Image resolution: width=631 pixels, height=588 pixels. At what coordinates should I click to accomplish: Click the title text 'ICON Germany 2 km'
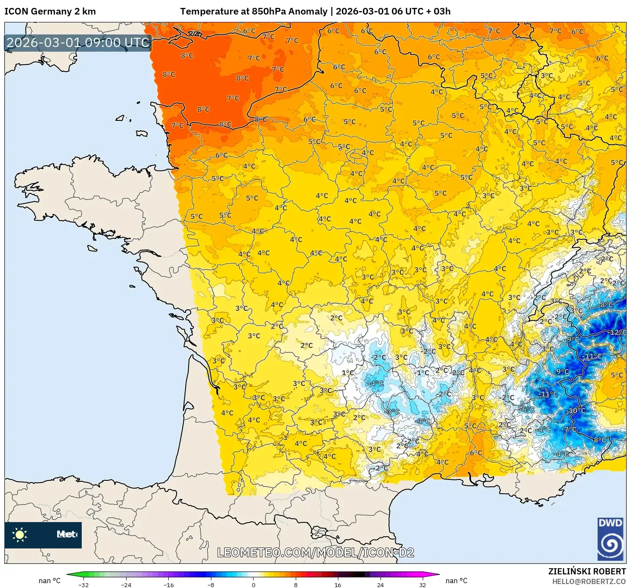(x=50, y=11)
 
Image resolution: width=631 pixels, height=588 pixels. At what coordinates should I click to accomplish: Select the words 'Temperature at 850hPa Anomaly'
(x=254, y=11)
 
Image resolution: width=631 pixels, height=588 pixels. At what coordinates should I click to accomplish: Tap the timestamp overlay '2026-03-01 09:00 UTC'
(x=78, y=43)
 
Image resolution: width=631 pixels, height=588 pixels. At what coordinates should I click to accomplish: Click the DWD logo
(x=610, y=539)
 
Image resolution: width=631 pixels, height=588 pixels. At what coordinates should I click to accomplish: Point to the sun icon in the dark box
(x=20, y=534)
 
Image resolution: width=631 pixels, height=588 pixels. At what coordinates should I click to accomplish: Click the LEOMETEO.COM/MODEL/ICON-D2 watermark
(x=315, y=552)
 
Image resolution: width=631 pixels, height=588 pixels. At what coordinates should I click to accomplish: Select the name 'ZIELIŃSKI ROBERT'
(x=587, y=571)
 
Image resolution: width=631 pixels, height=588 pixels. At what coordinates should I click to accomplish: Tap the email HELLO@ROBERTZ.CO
(x=589, y=581)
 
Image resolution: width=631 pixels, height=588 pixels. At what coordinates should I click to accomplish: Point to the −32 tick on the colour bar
(x=83, y=584)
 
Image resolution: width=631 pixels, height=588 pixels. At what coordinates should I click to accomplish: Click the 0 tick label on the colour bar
(x=254, y=584)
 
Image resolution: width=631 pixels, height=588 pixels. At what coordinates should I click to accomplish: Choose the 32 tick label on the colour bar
(x=422, y=584)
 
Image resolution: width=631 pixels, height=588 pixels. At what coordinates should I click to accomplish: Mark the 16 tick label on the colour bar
(x=337, y=584)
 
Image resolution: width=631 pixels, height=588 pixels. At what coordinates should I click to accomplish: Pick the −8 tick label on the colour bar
(x=210, y=584)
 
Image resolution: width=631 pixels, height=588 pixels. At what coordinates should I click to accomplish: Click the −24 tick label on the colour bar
(x=126, y=584)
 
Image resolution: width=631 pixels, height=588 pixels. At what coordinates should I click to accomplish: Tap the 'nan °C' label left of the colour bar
(x=50, y=581)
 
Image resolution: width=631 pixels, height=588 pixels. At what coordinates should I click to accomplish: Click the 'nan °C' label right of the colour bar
(x=457, y=581)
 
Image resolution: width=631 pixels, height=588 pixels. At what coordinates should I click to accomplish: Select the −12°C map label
(x=618, y=332)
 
